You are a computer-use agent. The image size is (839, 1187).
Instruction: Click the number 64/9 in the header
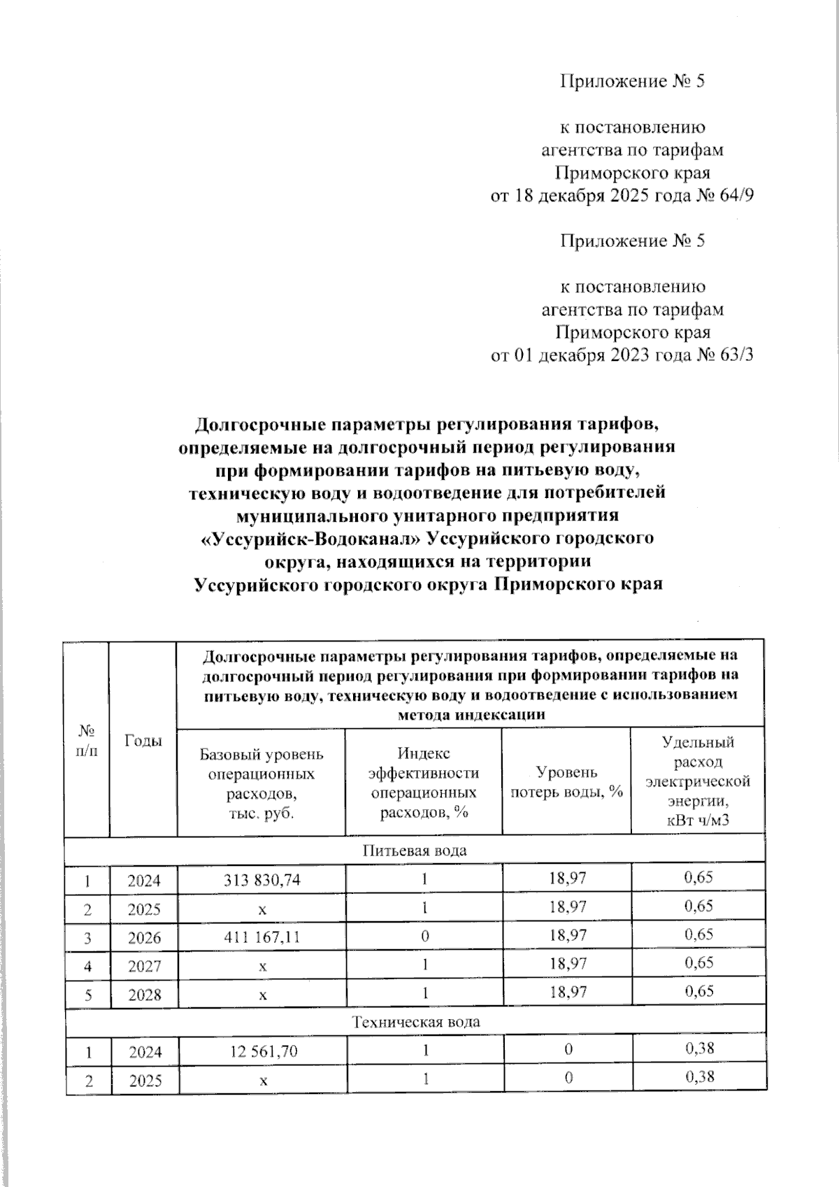736,196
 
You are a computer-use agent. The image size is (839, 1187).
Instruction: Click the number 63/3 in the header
736,355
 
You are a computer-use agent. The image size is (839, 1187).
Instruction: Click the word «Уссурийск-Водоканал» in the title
311,539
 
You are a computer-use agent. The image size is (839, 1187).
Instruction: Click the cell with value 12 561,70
261,1051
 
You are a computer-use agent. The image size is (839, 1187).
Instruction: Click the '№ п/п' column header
86,740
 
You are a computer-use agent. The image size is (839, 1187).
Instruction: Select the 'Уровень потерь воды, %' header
566,782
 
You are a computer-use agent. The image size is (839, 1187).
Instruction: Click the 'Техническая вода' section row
415,1022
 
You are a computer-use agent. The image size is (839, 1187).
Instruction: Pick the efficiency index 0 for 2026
424,937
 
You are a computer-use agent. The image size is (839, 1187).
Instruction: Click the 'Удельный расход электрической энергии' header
697,781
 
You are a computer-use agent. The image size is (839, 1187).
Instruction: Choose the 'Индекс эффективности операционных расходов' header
424,782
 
